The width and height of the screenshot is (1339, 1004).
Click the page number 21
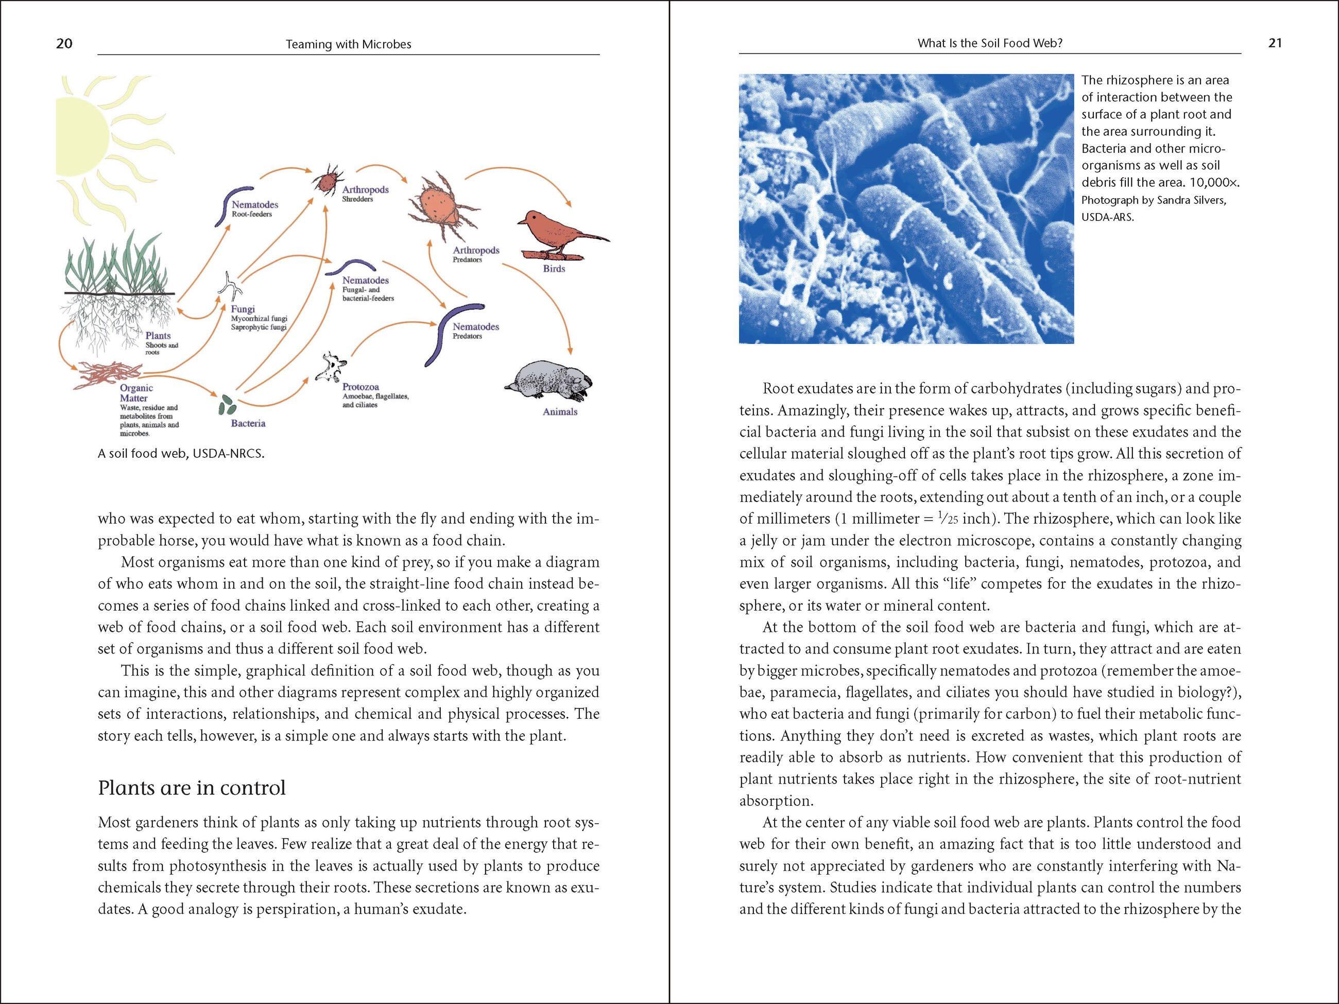coord(1275,43)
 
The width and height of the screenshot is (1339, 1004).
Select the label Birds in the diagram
coord(553,269)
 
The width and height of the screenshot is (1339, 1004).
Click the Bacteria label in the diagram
coord(248,424)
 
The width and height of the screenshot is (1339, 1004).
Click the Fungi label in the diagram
coord(243,308)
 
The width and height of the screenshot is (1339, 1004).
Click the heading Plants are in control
coord(191,788)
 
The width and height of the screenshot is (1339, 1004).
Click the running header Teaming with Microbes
coord(348,44)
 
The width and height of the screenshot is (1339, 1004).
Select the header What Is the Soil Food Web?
coord(990,43)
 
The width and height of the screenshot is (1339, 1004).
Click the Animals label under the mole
coord(559,411)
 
